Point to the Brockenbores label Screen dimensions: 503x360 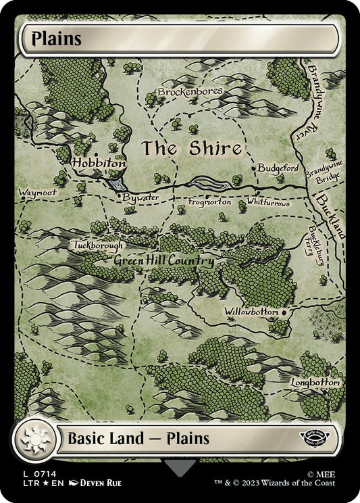coord(186,91)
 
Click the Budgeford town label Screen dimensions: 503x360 coord(278,168)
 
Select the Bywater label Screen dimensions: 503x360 coord(138,197)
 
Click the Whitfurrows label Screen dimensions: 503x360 coord(267,202)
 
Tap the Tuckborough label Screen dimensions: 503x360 coord(99,245)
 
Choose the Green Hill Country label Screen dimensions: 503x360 coord(164,261)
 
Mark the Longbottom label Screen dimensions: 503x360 coord(315,383)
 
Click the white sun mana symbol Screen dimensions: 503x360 coord(32,440)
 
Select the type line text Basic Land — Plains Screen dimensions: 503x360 coord(138,438)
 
